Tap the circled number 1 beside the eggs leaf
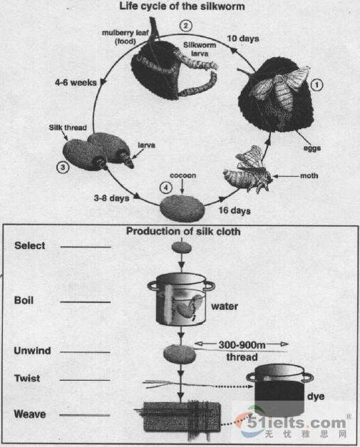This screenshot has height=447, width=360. [x=318, y=83]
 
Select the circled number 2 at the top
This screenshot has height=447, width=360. [x=186, y=26]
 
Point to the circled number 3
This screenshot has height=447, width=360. [x=63, y=168]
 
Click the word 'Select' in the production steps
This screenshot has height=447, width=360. [x=29, y=246]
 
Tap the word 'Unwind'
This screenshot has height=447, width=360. [x=31, y=351]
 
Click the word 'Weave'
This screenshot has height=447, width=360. [x=29, y=413]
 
